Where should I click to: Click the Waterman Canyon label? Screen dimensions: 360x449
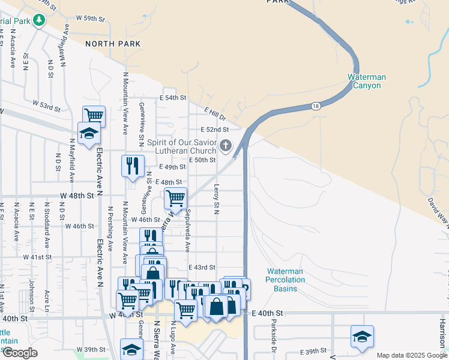point(366,81)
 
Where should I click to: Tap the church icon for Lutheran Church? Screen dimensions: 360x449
point(226,145)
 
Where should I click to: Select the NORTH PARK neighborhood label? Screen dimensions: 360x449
point(113,44)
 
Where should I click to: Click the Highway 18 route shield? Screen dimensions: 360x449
point(316,106)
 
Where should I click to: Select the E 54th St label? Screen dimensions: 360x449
point(173,98)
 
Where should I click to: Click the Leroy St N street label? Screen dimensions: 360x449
point(217,199)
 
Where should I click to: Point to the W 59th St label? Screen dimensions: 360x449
point(90,19)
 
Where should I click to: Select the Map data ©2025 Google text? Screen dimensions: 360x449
point(411,355)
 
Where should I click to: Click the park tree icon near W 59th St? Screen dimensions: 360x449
point(40,20)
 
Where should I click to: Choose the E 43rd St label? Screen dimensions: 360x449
point(201,267)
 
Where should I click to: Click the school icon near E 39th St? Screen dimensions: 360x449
point(362,336)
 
